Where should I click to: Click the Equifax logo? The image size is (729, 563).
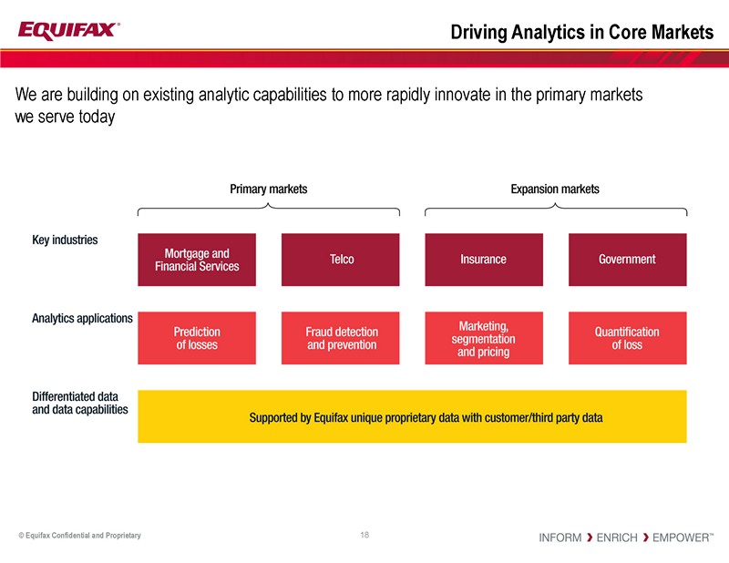pos(67,30)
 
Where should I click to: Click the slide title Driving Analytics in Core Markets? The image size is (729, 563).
pos(581,32)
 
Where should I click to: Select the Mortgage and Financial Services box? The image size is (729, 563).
pos(197,260)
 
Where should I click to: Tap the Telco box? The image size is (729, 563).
pos(341,260)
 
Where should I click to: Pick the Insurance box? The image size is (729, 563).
pos(483,260)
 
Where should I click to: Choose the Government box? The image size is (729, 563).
pos(627,260)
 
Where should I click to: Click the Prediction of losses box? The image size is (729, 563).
pos(197,338)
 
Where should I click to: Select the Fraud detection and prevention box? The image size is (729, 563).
pos(341,338)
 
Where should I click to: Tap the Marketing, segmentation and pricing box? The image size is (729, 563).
pos(483,338)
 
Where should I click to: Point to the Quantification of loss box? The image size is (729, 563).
pos(627,338)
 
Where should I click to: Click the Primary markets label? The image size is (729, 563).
pos(268,189)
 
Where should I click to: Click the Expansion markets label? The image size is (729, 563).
pos(555,189)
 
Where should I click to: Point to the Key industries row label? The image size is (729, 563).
pos(65,241)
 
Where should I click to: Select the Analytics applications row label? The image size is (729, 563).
pos(82,319)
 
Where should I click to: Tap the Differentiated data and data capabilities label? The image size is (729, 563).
pos(79,404)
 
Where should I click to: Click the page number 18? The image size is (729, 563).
pos(364,535)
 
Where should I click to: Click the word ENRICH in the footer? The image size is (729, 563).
pos(616,537)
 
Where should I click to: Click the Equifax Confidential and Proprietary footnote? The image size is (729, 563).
pos(79,536)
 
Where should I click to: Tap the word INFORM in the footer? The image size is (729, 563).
pos(560,537)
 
